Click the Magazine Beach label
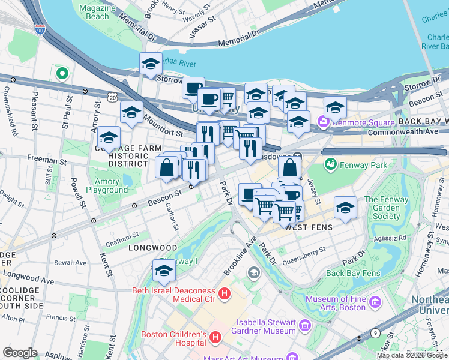94,11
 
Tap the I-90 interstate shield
40,29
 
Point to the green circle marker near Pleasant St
61,74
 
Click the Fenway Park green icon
330,164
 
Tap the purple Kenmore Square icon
324,122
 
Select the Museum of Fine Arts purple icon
375,301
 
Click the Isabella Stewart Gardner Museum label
266,326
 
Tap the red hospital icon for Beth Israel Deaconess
224,294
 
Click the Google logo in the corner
20,353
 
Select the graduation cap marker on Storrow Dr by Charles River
151,64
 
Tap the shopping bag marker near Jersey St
289,167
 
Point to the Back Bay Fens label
353,273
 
